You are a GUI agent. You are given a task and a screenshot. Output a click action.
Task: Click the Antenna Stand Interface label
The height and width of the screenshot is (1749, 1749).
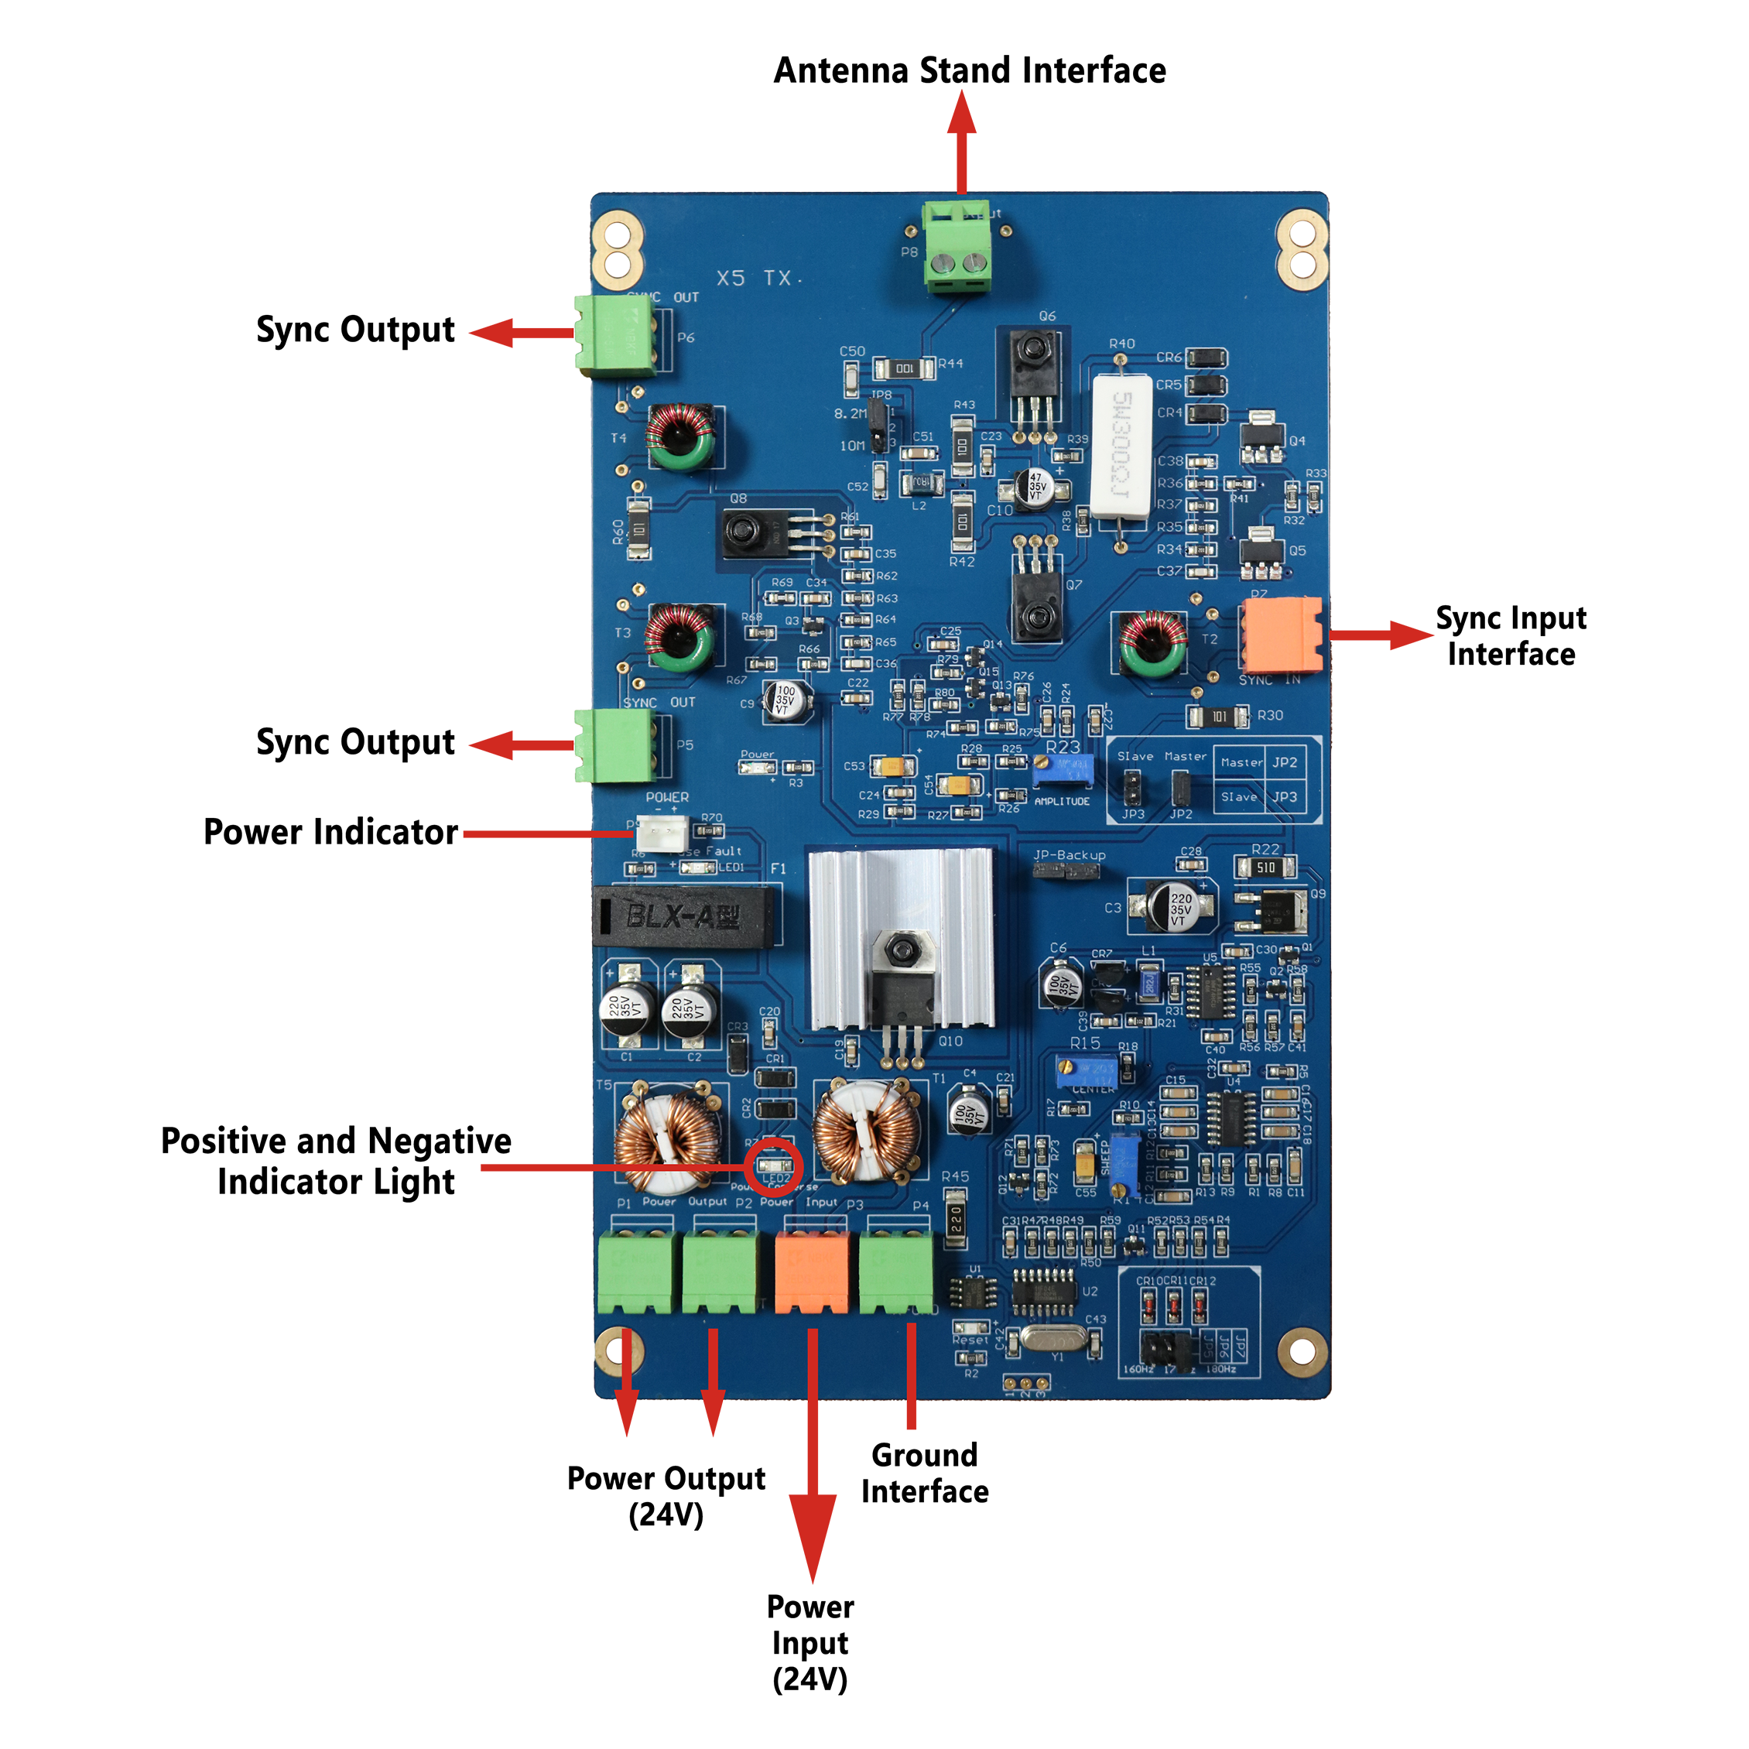[x=970, y=70]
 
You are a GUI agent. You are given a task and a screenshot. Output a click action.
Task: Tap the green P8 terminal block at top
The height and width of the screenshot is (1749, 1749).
[x=957, y=246]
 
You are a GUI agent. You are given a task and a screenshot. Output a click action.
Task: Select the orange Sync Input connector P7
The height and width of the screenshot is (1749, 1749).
[x=1282, y=635]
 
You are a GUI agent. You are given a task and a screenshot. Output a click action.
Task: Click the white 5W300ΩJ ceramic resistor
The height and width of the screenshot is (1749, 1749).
[x=1121, y=447]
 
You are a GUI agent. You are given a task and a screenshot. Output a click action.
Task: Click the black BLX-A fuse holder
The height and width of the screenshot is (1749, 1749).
[x=684, y=916]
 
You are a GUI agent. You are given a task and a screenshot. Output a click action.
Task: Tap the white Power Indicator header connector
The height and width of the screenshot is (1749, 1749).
[x=662, y=833]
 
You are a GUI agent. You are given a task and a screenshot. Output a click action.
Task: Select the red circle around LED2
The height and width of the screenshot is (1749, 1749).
[x=773, y=1167]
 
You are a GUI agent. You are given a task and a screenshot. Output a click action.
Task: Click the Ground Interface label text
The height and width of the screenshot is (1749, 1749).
[x=924, y=1473]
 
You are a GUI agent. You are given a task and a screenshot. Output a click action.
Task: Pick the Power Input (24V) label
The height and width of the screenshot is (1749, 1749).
[x=810, y=1642]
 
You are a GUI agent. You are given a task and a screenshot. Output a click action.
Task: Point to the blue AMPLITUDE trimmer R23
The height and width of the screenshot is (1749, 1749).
[x=1063, y=770]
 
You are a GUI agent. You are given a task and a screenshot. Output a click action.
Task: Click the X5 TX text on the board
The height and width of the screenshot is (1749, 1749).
[x=758, y=278]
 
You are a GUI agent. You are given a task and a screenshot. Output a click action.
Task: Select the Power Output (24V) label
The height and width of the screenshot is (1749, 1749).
[x=666, y=1495]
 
